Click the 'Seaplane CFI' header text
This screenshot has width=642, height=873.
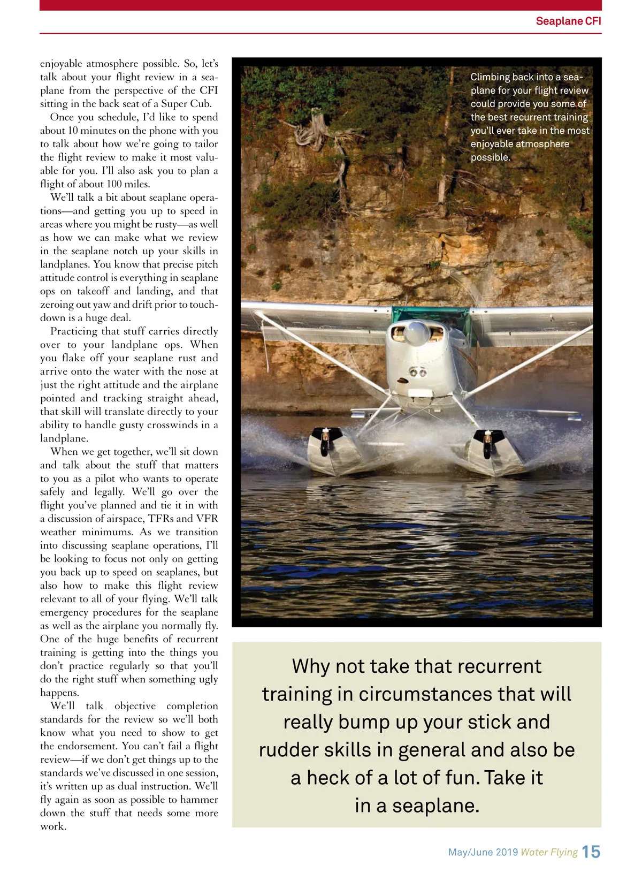tap(568, 21)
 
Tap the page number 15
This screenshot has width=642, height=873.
tap(591, 852)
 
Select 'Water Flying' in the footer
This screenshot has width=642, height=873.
tap(549, 852)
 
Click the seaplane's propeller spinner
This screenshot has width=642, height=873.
tap(416, 332)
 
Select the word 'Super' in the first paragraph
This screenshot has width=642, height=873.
tap(175, 104)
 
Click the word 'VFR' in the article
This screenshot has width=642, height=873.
tap(207, 519)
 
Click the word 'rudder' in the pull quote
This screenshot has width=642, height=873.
tap(286, 750)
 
